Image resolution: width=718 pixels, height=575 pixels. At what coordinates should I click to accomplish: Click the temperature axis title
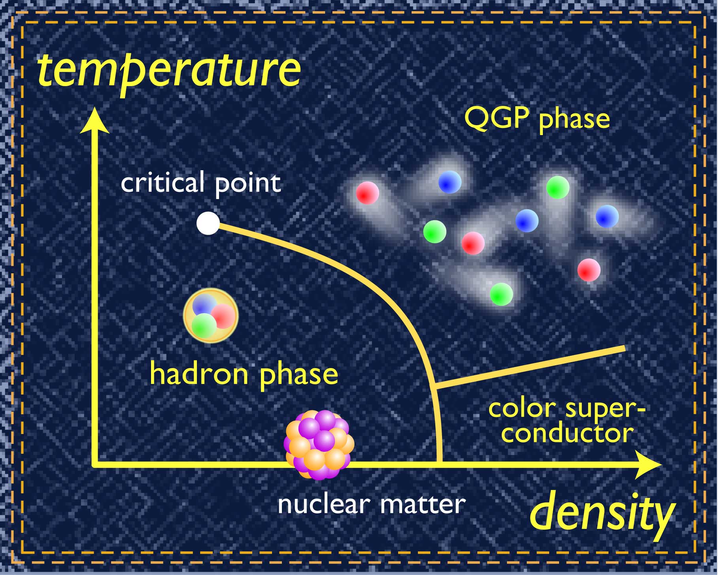(x=169, y=71)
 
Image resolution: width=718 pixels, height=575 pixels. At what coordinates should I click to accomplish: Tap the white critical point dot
(x=208, y=223)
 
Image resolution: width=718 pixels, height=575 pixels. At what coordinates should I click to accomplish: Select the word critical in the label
(x=162, y=182)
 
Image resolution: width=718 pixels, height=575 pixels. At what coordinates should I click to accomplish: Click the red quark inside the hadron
(x=223, y=316)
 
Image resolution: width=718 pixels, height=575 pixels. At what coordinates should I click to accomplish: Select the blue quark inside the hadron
(x=204, y=305)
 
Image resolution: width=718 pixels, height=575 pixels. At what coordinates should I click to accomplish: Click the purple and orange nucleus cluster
(x=319, y=445)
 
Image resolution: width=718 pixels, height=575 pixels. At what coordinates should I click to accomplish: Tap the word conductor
(x=568, y=434)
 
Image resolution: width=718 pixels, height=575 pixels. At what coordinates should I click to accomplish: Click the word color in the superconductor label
(x=522, y=408)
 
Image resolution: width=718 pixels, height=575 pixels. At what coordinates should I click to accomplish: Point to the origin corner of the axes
(x=95, y=464)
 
